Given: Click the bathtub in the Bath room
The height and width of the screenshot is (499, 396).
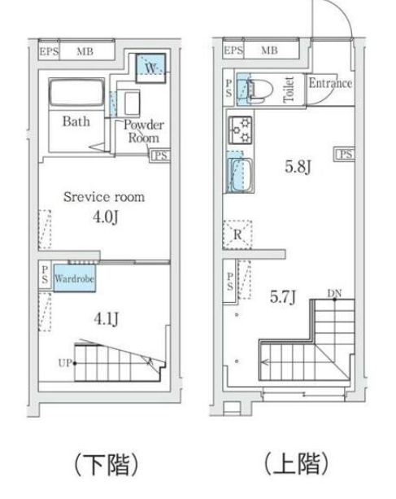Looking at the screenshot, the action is point(76,92).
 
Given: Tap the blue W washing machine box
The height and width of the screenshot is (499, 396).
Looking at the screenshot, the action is point(151,68).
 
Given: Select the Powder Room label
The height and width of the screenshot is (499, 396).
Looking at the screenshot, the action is point(144,131).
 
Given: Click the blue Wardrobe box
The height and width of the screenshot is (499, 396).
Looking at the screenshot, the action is point(74,278).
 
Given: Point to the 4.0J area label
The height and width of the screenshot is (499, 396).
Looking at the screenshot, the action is point(106,217).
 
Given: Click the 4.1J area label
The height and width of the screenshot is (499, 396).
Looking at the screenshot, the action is point(107,318).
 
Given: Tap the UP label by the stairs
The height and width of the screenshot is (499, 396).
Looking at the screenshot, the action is point(65,363).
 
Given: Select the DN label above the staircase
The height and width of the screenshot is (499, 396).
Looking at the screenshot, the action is point(334,293).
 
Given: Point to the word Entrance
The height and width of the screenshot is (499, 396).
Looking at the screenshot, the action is point(330,83).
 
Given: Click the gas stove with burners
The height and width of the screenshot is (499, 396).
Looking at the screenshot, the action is point(240,130).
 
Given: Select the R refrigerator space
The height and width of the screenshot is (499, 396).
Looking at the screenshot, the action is point(237,235).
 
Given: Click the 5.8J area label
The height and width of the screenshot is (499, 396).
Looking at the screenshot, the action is point(298,166).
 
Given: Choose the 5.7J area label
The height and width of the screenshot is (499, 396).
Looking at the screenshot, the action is point(283,297).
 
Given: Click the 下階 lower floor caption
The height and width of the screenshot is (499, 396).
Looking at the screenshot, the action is point(107,465).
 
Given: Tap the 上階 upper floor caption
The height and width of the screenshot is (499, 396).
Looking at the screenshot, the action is point(296,464).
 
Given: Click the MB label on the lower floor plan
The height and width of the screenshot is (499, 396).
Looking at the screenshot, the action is point(85,51).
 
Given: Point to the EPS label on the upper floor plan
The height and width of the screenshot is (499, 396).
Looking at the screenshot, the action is point(233,50).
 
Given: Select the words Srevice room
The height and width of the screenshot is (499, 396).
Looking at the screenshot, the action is point(104,197).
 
